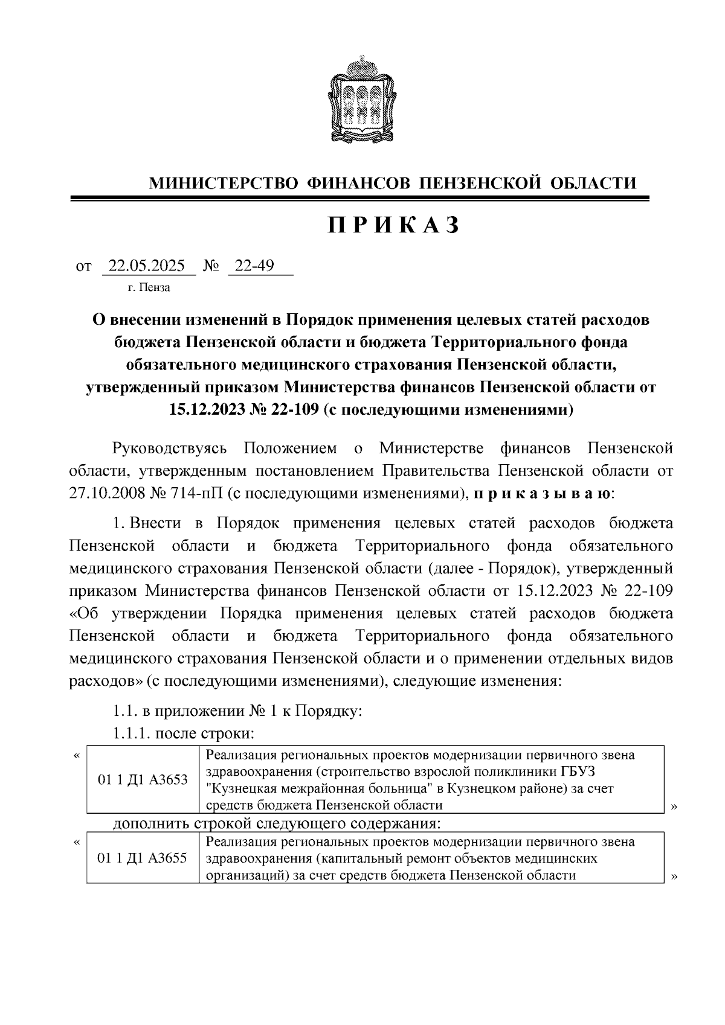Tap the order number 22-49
coord(254,266)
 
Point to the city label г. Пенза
coord(149,287)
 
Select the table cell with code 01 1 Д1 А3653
coord(143,780)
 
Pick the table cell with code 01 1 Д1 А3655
coord(143,858)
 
